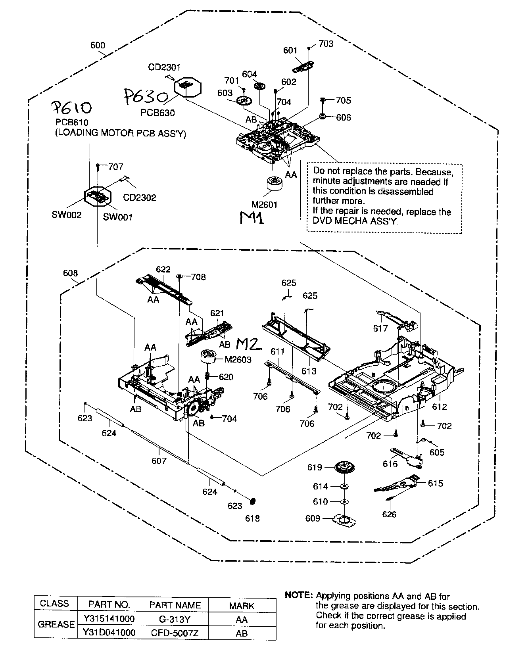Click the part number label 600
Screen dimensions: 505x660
point(98,45)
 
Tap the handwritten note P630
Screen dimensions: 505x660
point(146,96)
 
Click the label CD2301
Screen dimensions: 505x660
point(164,67)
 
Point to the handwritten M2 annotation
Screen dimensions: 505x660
point(249,344)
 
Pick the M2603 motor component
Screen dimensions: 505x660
point(208,357)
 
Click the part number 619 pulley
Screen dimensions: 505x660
point(344,467)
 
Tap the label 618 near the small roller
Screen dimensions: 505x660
point(252,518)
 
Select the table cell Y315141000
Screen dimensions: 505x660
point(109,618)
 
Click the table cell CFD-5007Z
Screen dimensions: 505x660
point(175,633)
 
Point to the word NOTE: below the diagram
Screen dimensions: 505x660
point(299,595)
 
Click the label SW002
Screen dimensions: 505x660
point(66,215)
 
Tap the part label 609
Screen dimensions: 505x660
point(313,518)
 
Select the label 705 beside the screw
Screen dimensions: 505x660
point(343,100)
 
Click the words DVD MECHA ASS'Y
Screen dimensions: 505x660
point(355,221)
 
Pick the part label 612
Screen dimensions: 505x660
point(440,407)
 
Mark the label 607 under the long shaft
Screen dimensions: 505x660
point(159,460)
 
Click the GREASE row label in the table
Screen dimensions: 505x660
point(56,624)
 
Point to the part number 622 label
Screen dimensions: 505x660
point(163,269)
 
